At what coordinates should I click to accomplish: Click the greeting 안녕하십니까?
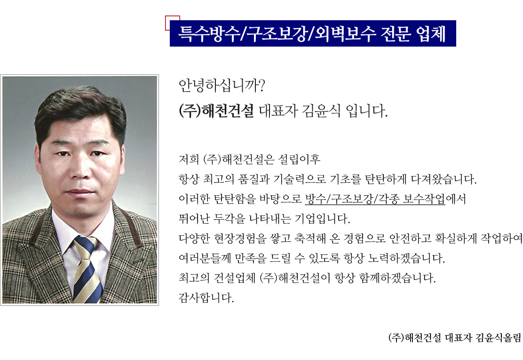point(222,86)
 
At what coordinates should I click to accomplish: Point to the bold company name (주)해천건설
point(216,111)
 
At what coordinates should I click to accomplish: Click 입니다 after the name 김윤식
point(366,111)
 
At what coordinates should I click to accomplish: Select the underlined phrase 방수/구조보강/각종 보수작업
point(375,199)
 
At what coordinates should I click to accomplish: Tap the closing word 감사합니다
point(206,297)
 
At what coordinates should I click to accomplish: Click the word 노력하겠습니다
point(406,258)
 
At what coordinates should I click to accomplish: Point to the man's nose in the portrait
point(80,171)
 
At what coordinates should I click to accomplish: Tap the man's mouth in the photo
point(80,192)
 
